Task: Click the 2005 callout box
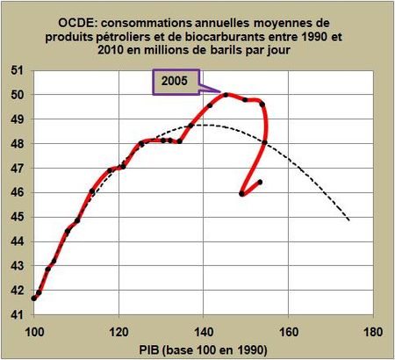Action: [172, 81]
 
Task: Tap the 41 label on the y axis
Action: [18, 313]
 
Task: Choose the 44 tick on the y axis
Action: [18, 241]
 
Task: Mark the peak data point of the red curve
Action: [226, 95]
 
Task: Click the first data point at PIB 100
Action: [34, 298]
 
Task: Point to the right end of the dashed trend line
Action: [349, 220]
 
